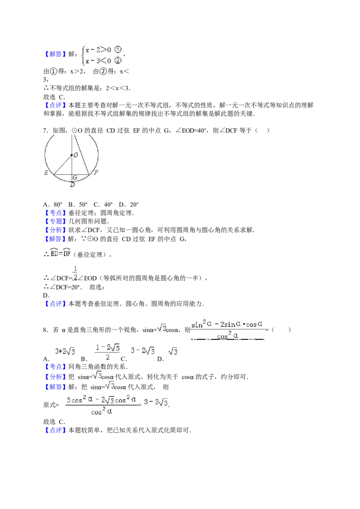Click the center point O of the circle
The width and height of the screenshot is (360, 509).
72,155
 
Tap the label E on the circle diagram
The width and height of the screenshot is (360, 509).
46,173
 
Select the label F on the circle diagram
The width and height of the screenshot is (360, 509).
96,173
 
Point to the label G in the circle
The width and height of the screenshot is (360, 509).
75,178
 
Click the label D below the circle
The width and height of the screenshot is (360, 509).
72,184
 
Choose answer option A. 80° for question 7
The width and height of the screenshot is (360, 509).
53,205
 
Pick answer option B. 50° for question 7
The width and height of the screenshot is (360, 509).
78,205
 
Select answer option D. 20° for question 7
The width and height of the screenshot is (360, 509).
129,205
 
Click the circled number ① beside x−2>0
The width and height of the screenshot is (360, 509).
118,49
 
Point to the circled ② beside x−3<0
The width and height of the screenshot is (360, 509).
118,60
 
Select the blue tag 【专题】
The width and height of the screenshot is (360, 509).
55,221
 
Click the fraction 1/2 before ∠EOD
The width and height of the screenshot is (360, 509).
75,273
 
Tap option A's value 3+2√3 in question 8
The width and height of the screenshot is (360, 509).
65,351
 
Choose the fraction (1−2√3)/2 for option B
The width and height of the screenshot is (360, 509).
108,352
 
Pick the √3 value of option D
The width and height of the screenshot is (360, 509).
173,351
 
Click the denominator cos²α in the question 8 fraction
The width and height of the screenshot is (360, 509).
227,335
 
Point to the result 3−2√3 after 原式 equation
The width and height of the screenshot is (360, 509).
156,402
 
